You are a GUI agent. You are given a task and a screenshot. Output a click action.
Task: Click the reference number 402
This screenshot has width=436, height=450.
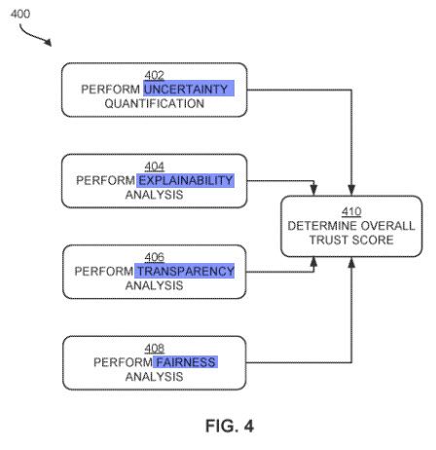pos(155,75)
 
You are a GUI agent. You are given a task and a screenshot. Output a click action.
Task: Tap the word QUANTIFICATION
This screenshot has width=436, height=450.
pos(155,103)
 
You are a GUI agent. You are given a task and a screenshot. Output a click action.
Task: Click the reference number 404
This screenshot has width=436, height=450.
pos(155,167)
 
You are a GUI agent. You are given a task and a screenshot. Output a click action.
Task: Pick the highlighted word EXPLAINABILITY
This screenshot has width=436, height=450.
pos(186,180)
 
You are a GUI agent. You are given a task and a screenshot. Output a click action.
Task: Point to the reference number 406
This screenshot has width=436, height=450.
pos(155,257)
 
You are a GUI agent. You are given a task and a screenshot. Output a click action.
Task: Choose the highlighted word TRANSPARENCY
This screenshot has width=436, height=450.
pos(185,271)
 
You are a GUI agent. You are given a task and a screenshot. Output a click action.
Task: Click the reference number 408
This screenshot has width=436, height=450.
pos(155,349)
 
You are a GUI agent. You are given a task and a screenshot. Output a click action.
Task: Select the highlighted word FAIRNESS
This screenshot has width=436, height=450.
pos(185,362)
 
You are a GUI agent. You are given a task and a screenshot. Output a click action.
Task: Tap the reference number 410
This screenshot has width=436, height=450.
pos(351,211)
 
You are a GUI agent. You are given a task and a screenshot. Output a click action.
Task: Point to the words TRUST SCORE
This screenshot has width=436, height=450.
pos(351,241)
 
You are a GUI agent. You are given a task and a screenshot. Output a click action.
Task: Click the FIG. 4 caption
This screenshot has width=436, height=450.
pos(230,426)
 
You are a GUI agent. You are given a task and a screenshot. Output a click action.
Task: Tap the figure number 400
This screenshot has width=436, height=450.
pos(20,14)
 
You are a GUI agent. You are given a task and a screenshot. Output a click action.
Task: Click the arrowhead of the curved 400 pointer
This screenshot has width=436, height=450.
pos(48,42)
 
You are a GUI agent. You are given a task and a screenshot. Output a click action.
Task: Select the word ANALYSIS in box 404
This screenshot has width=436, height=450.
pos(155,195)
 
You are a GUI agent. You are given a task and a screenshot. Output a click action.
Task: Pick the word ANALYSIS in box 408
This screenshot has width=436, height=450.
pos(155,377)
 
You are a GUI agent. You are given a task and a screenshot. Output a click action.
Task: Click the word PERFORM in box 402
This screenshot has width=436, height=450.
pos(111,89)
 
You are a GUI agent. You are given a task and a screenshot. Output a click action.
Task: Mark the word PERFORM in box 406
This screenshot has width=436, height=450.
pos(104,271)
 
